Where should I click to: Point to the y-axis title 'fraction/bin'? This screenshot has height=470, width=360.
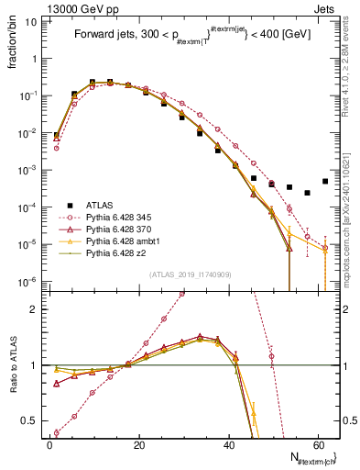(x=10, y=42)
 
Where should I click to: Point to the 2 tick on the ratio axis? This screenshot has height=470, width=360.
(x=34, y=309)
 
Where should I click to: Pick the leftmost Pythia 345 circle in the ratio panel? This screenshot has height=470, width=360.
(x=57, y=432)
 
